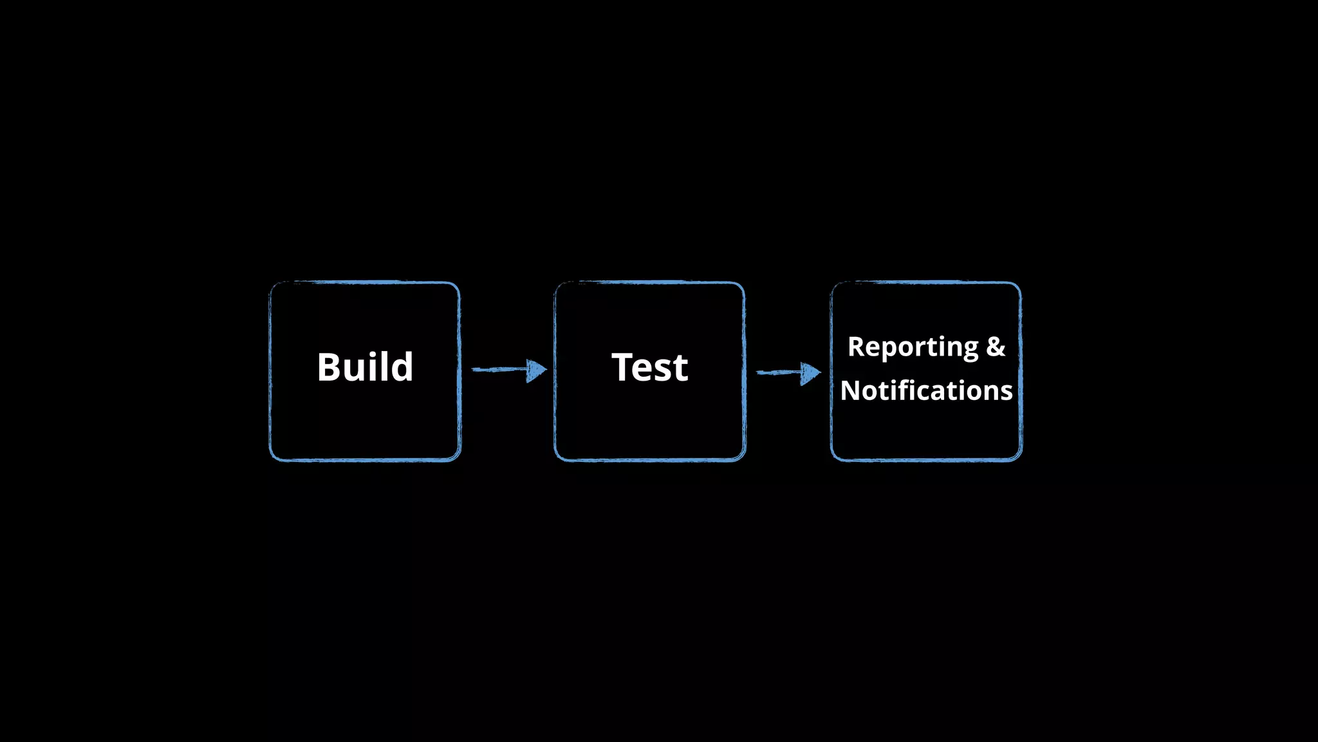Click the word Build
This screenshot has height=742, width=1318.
[365, 367]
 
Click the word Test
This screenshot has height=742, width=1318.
[649, 367]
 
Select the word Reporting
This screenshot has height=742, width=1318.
[913, 347]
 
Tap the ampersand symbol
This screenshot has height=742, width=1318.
[996, 347]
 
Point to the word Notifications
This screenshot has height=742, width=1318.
[926, 390]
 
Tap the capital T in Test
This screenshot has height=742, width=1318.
[623, 367]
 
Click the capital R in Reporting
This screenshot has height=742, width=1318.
[857, 347]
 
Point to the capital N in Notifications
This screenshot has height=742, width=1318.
[851, 390]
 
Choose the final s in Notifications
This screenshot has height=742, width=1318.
[1007, 392]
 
